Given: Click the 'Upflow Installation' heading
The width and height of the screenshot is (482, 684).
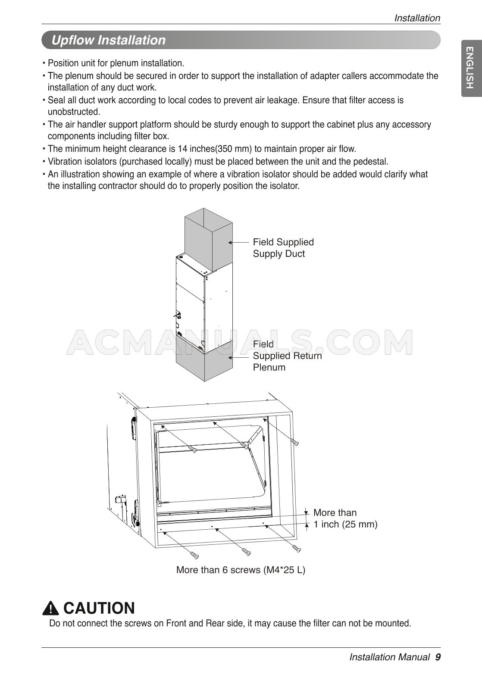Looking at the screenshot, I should [108, 40].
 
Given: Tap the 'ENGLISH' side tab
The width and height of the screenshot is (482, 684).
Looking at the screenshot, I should [471, 68].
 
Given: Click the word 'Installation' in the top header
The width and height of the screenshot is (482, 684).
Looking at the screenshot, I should [417, 18].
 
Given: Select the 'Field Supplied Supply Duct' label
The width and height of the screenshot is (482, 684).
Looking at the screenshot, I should [283, 248].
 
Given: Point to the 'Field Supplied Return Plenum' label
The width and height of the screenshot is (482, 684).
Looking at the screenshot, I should [287, 356].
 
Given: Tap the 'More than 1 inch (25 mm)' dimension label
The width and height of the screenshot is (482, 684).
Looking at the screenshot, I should [345, 518].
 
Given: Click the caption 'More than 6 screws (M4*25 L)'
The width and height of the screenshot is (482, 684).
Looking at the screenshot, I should [241, 570].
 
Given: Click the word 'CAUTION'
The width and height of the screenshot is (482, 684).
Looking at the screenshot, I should [99, 608].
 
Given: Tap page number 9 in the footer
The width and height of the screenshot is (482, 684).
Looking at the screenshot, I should [438, 657].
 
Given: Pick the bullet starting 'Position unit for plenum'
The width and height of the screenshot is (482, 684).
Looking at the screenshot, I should [116, 63].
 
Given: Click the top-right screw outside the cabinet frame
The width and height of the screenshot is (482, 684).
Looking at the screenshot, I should [295, 442].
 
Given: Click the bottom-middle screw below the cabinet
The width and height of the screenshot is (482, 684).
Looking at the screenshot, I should [246, 551].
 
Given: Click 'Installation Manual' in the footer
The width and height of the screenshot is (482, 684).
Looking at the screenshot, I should [389, 657].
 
